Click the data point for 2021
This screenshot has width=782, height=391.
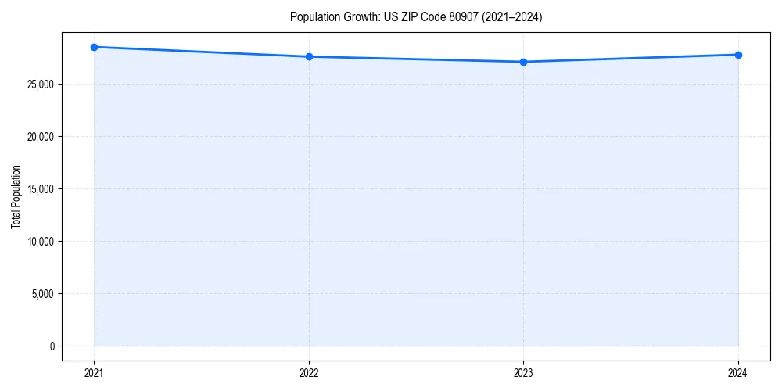pyautogui.click(x=94, y=47)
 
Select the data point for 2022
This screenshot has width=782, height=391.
pyautogui.click(x=309, y=56)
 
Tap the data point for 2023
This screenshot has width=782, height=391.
pyautogui.click(x=523, y=62)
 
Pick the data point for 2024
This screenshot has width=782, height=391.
pyautogui.click(x=738, y=55)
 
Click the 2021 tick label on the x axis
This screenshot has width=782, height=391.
pyautogui.click(x=94, y=372)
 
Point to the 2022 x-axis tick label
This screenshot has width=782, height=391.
pyautogui.click(x=309, y=372)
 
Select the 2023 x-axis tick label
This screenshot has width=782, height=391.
pyautogui.click(x=523, y=372)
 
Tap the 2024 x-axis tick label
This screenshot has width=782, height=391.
pyautogui.click(x=738, y=372)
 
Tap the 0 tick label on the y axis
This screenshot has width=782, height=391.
pyautogui.click(x=52, y=346)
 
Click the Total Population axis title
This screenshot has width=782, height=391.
pyautogui.click(x=16, y=196)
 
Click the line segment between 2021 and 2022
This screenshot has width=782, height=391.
pyautogui.click(x=201, y=52)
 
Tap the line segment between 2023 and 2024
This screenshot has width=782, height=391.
pyautogui.click(x=630, y=59)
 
